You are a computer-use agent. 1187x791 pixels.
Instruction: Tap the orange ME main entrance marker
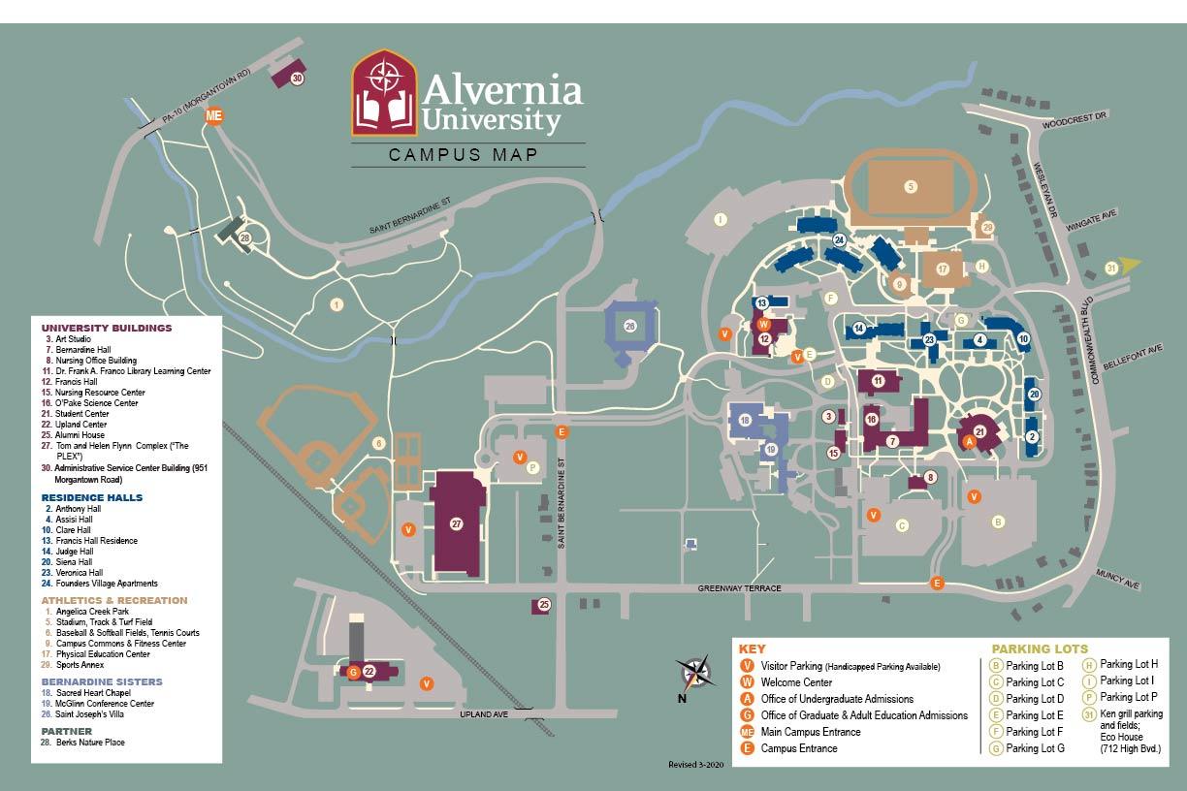[x=214, y=115]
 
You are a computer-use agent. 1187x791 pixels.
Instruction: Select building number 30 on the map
[x=298, y=79]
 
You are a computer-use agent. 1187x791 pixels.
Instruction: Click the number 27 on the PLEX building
[x=457, y=523]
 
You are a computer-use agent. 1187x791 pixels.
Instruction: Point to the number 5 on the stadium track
[x=910, y=186]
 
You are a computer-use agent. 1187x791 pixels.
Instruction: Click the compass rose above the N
[x=694, y=671]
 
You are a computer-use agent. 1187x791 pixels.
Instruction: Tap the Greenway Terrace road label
[x=739, y=588]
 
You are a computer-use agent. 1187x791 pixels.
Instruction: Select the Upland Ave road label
[x=484, y=714]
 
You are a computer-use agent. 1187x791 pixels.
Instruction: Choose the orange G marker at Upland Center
[x=354, y=671]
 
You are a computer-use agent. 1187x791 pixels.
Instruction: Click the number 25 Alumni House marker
[x=543, y=605]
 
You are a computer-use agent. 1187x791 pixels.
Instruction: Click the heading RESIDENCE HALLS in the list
[x=91, y=497]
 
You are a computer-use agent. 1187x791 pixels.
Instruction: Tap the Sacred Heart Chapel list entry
[x=87, y=693]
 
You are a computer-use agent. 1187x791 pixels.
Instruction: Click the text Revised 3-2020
[x=696, y=765]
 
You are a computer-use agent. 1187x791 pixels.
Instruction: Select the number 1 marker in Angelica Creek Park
[x=337, y=304]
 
